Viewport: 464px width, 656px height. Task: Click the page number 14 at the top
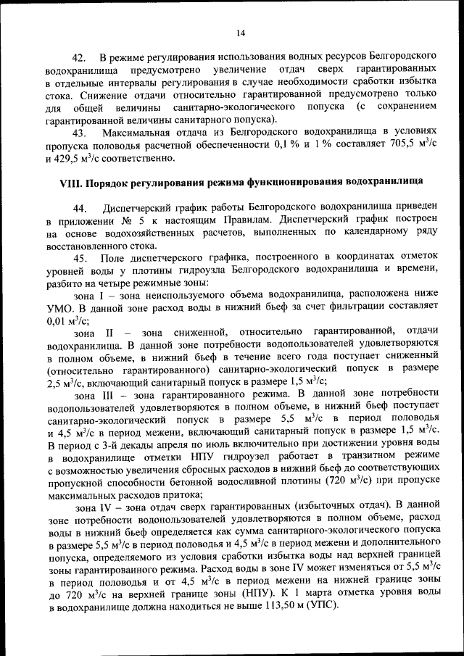pyautogui.click(x=241, y=32)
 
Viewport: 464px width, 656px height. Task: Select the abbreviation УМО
pyautogui.click(x=59, y=309)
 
